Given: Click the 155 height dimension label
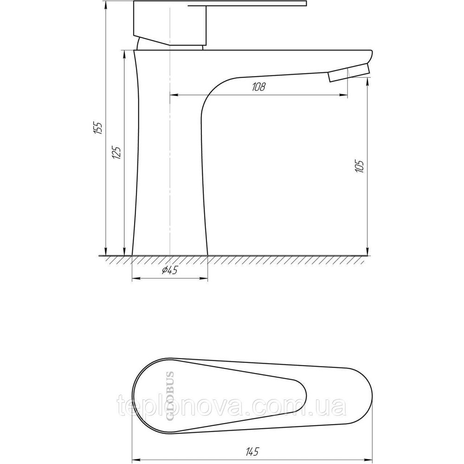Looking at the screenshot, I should pyautogui.click(x=97, y=128).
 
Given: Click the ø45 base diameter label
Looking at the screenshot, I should pyautogui.click(x=170, y=271).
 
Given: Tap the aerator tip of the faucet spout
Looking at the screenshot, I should pyautogui.click(x=348, y=74).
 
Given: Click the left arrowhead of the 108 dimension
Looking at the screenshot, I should pyautogui.click(x=173, y=95).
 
